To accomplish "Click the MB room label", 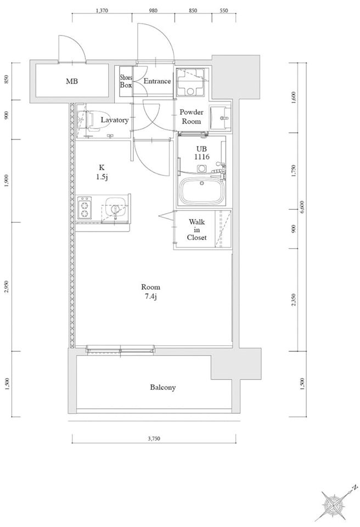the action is coord(72,81).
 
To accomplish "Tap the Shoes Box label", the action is coord(126,81).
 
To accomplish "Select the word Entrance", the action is coord(157,81).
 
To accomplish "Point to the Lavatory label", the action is coord(115,120).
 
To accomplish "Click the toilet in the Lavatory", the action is coord(87,120).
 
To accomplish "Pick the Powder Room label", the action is coord(192,116).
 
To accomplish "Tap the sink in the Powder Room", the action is coord(221,117).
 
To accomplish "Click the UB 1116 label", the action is coord(202,153).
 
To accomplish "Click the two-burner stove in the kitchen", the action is coord(84,208).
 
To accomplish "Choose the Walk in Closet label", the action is coord(196,229).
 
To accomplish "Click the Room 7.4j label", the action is coord(150,291).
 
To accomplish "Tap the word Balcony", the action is coord(162,388).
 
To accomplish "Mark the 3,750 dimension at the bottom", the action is coord(154,438).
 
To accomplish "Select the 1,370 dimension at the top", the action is coord(102,10).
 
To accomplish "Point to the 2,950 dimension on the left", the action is coord(7,287).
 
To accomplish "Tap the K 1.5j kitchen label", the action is coord(102,172).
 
